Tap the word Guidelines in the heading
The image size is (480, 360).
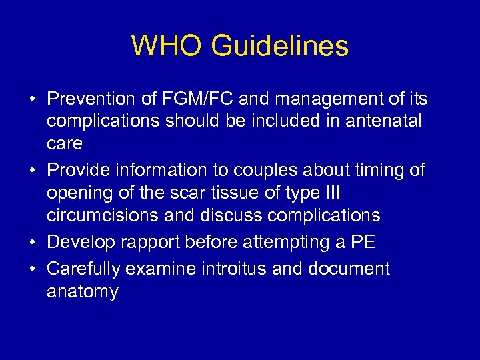pos(280,46)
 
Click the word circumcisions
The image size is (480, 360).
pos(109,216)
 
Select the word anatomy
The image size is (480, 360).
pos(82,292)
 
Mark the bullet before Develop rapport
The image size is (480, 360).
pos(32,242)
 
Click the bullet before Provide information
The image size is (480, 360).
pos(32,170)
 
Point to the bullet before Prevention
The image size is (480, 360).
pos(32,99)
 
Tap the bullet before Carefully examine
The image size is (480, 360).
pos(32,269)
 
